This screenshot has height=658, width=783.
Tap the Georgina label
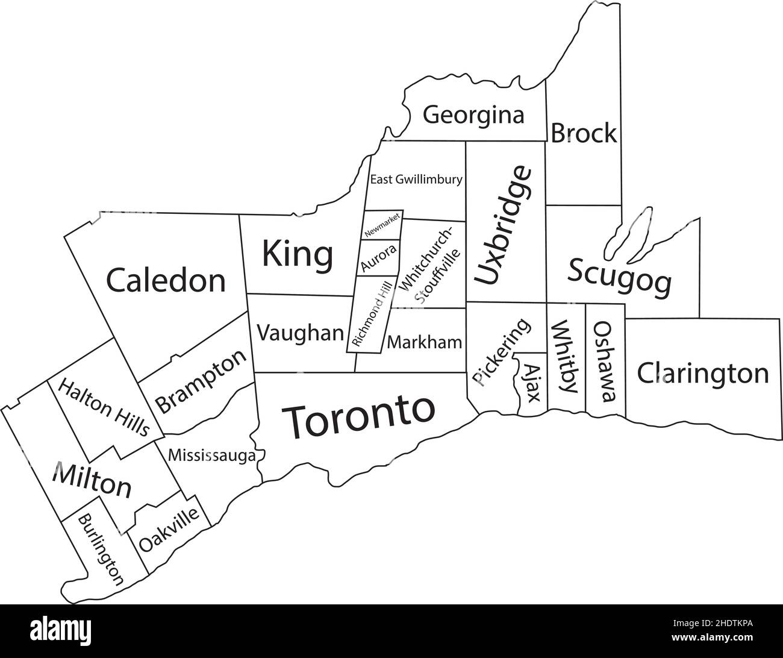click(x=473, y=114)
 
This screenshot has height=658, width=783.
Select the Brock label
click(x=584, y=133)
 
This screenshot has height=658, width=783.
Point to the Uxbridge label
click(x=504, y=225)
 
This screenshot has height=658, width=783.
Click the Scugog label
click(x=619, y=276)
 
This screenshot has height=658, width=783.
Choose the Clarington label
click(x=703, y=374)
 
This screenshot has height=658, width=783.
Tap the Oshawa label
click(x=605, y=361)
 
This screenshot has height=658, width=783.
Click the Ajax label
click(x=531, y=383)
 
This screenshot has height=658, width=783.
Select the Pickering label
click(x=501, y=352)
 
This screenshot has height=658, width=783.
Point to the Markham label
click(x=425, y=343)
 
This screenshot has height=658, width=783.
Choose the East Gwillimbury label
click(x=416, y=179)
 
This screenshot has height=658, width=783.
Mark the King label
click(x=298, y=254)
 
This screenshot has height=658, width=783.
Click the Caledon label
click(x=166, y=280)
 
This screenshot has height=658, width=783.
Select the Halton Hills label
click(x=103, y=408)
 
